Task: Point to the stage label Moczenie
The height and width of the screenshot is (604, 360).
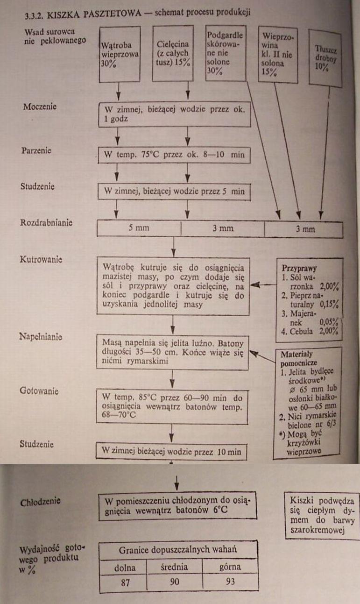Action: pyautogui.click(x=40, y=107)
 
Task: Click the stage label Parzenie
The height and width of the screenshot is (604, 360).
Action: pyautogui.click(x=36, y=151)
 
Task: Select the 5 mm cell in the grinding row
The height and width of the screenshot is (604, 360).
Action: pyautogui.click(x=139, y=229)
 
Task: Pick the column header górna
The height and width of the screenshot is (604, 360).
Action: pyautogui.click(x=230, y=567)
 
